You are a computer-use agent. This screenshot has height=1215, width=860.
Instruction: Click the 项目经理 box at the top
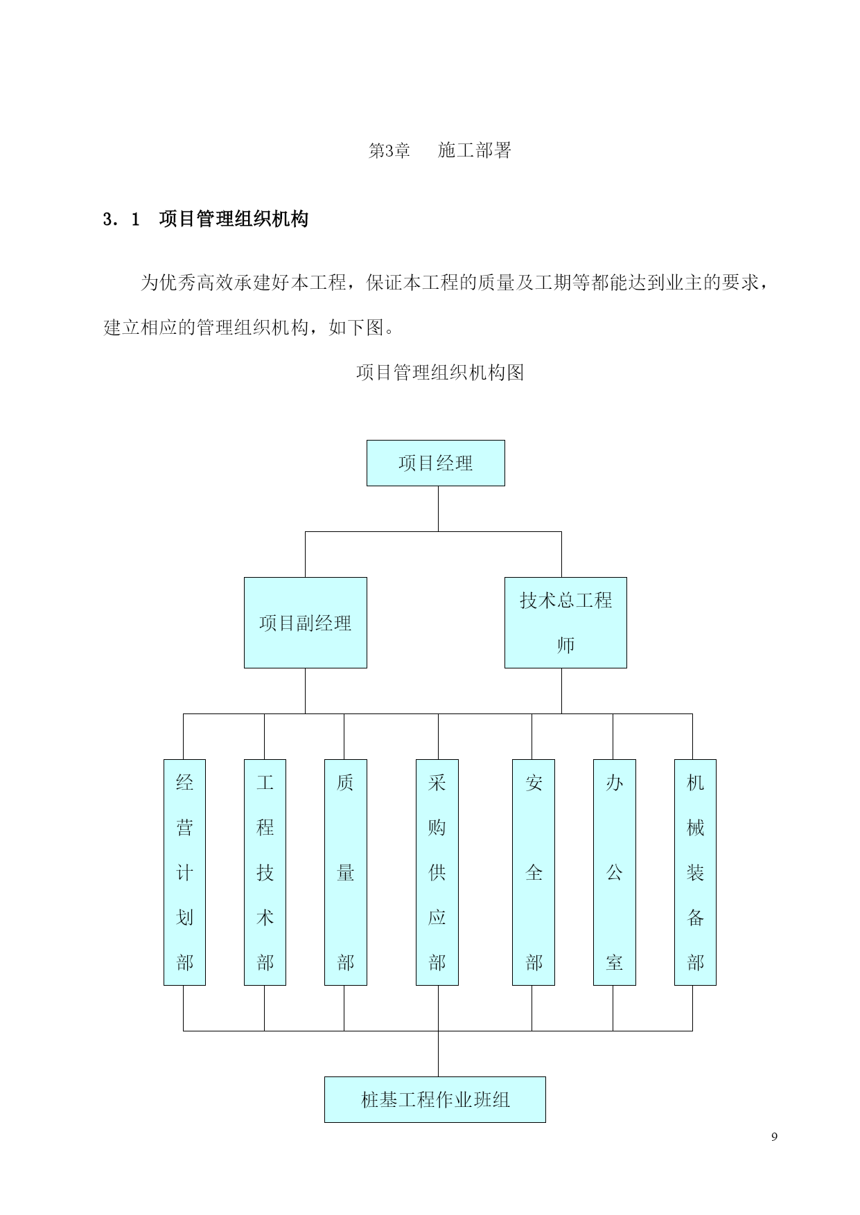click(435, 463)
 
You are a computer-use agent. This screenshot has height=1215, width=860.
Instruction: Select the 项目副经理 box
click(305, 623)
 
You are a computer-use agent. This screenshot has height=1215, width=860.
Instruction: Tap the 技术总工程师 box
click(565, 623)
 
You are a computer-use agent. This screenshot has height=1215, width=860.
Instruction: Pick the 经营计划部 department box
click(184, 872)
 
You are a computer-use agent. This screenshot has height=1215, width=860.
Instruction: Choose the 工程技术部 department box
click(265, 872)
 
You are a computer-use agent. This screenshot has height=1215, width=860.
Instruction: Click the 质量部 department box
click(345, 872)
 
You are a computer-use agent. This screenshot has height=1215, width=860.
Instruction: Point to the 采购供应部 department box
click(437, 872)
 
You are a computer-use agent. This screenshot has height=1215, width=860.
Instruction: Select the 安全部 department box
click(533, 872)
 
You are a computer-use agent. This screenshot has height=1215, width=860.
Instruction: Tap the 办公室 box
click(614, 872)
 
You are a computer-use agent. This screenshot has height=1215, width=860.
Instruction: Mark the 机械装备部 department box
click(695, 872)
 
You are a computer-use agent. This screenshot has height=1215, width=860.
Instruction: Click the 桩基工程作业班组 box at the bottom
click(435, 1099)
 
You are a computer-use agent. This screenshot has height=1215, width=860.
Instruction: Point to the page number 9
click(774, 1137)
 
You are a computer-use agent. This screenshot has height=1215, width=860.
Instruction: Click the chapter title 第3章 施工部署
click(439, 150)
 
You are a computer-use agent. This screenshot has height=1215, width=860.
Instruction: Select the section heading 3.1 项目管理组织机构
click(205, 220)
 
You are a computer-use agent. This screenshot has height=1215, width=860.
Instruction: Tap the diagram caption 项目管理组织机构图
click(439, 373)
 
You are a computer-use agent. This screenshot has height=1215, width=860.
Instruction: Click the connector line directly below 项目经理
click(438, 508)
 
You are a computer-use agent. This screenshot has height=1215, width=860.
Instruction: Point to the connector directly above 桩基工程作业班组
click(438, 1054)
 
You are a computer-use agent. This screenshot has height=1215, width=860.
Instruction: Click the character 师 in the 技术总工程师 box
click(565, 645)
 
